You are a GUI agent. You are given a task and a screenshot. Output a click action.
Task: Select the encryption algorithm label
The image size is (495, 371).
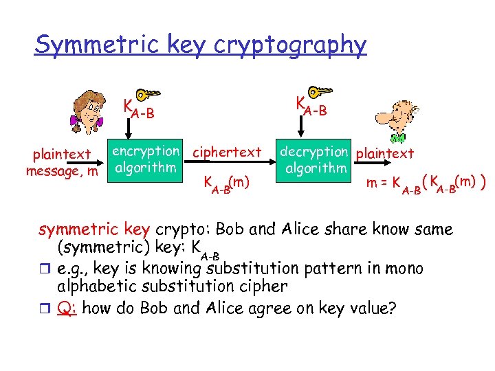click(145, 159)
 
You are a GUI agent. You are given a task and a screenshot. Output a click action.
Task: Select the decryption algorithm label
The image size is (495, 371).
click(313, 159)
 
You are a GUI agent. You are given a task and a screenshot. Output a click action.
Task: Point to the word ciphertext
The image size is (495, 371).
click(228, 152)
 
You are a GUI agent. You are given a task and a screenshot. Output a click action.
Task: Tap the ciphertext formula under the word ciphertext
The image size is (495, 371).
click(225, 183)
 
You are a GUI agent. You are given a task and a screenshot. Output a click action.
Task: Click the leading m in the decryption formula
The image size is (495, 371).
click(371, 183)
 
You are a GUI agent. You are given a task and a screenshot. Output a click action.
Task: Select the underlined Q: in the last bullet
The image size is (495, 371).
click(67, 308)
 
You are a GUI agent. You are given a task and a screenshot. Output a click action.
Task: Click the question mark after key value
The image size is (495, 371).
click(392, 308)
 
